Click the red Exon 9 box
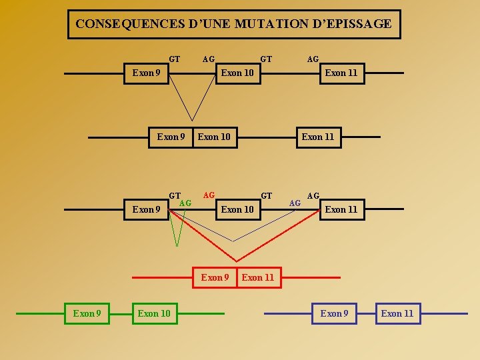(215, 277)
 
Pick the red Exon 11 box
(258, 277)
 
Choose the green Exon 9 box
(87, 313)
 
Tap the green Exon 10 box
(154, 313)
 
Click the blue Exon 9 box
(335, 313)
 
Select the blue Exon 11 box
(397, 313)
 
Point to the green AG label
(186, 203)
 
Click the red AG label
(209, 195)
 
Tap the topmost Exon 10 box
(237, 73)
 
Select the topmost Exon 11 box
(341, 73)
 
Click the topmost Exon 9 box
(146, 73)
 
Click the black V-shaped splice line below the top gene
(193, 107)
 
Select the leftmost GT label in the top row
(175, 59)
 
